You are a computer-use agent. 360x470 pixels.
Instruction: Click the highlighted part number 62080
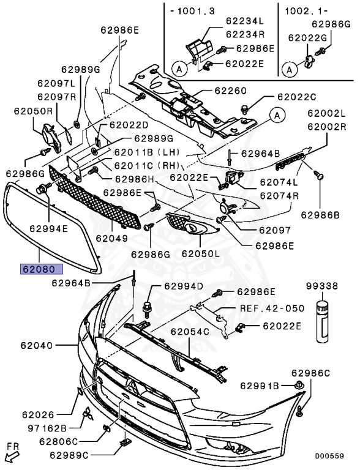tap(42, 269)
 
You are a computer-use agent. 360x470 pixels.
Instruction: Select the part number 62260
tap(230, 91)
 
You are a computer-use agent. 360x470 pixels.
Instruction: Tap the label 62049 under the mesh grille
tap(112, 238)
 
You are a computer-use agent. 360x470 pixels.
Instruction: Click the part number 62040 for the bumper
tap(37, 346)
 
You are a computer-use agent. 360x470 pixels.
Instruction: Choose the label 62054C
tap(190, 332)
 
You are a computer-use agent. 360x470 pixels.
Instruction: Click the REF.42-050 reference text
tap(272, 308)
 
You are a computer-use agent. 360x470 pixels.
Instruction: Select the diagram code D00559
tap(329, 456)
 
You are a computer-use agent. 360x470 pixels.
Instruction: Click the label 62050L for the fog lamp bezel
tap(201, 253)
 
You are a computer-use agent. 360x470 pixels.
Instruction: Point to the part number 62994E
tap(48, 229)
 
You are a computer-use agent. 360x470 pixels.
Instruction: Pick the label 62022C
tap(297, 97)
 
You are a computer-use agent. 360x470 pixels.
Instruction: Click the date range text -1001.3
tap(193, 11)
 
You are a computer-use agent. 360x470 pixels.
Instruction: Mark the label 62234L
tap(245, 21)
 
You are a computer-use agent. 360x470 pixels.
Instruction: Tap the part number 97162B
tap(47, 428)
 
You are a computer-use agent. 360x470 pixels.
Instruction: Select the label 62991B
tap(260, 386)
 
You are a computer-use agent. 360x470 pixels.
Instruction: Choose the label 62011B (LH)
tap(147, 152)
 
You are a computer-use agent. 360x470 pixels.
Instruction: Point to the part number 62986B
tap(320, 215)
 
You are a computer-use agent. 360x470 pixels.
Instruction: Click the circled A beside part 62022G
tap(290, 70)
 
